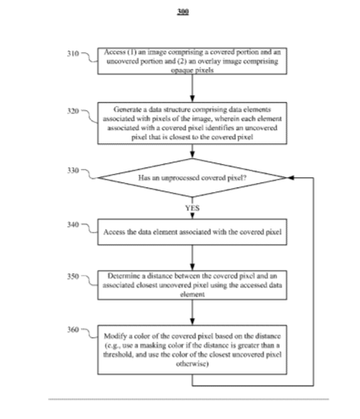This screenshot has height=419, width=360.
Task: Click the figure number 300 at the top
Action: coord(183,12)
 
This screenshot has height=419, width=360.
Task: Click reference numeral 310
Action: coord(73,53)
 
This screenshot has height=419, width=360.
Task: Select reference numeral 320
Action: coord(73,111)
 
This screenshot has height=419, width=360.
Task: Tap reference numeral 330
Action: coord(73,171)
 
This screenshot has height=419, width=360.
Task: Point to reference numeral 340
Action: coord(73,224)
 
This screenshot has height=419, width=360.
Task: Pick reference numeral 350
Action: coord(73,277)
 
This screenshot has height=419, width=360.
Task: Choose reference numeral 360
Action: coord(73,330)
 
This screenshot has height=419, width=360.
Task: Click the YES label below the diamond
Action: coord(192,208)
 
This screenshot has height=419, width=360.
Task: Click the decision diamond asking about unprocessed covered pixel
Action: coord(192,178)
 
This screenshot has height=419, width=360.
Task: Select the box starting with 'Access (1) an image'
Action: coord(192,61)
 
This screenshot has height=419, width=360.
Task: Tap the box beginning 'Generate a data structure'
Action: coord(192,123)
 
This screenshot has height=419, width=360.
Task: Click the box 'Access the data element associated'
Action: coord(192,232)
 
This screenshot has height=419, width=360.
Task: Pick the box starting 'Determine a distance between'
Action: coord(192,285)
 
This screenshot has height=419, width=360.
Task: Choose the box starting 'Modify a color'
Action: coord(192,349)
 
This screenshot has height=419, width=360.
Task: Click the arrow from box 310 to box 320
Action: coord(192,89)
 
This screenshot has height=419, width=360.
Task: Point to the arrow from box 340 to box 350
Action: coord(192,258)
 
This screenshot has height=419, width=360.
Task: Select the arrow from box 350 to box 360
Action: coord(192,312)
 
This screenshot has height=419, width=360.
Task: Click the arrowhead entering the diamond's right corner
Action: coord(290,178)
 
